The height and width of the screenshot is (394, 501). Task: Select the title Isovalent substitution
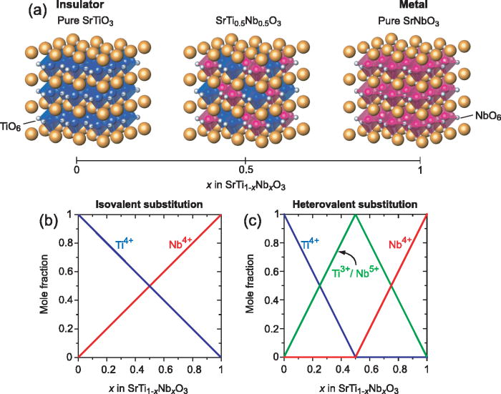[x=149, y=205]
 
